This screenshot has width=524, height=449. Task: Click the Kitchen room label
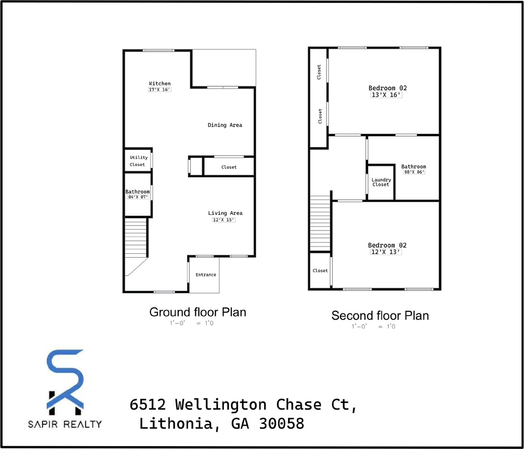point(160,84)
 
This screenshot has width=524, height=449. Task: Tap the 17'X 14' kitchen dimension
point(160,89)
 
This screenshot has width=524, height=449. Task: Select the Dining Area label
point(225,125)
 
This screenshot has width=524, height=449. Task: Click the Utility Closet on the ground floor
point(138,161)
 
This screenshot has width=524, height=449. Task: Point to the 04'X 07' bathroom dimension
point(137,197)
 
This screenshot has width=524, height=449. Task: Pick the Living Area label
point(225,213)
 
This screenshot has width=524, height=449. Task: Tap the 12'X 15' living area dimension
point(223,219)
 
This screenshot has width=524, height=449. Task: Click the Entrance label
point(206,275)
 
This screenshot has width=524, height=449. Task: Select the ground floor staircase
point(136,239)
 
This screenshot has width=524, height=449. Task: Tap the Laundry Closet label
point(381,182)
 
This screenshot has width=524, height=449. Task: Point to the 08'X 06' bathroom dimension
point(414,172)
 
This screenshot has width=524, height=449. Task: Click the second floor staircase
point(320,224)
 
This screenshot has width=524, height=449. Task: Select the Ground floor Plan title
point(197,312)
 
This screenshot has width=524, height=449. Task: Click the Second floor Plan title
point(380,315)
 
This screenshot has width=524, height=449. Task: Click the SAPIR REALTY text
point(65,424)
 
